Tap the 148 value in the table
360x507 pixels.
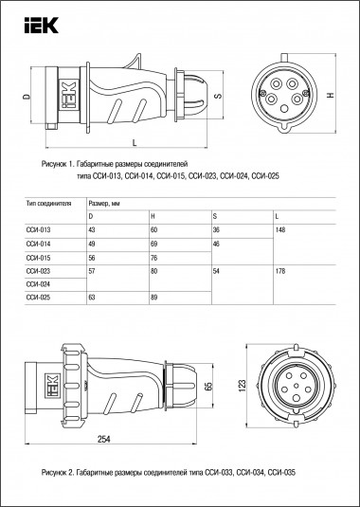point(277,230)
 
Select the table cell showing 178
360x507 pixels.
point(277,270)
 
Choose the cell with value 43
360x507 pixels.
point(91,230)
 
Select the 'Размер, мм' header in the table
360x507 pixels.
point(105,203)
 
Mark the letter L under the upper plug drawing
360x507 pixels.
point(134,143)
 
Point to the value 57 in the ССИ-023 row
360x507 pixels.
point(91,270)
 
